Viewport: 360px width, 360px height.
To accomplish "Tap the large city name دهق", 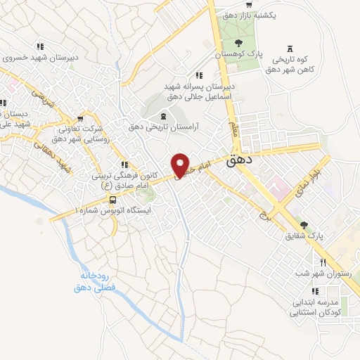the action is point(240,161).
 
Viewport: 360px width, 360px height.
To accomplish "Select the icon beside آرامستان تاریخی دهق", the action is point(163,115).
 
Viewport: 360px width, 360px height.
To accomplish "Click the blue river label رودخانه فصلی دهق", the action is point(97,283).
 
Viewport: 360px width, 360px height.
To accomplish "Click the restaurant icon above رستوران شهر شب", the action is point(323,262).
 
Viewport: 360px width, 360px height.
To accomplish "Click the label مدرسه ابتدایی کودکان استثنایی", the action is point(319,307).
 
